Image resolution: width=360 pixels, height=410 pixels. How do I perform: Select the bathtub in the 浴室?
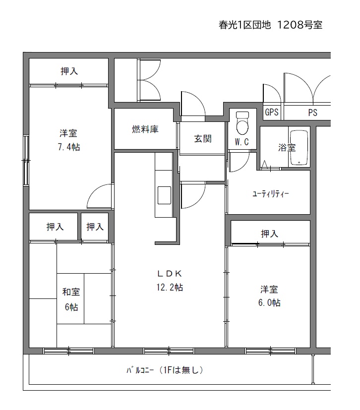pos(299,148)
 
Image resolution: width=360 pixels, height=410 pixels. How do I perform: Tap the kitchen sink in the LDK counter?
pos(164,195)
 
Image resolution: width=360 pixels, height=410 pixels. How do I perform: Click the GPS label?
pos(272,112)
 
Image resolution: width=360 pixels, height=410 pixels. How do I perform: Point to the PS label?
pos(313,113)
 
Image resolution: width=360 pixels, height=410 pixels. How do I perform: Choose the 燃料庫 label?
pos(145,129)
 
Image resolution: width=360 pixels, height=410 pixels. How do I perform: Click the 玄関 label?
pos(203,139)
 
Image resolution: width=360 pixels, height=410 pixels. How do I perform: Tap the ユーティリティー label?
pos(270,194)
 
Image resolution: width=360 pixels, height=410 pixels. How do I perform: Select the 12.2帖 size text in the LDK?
pos(170,288)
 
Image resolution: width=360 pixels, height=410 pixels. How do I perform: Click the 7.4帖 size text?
pos(69,147)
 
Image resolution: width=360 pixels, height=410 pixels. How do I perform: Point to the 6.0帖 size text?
pos(269,302)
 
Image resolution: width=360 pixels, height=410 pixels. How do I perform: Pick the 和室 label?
pos(71,292)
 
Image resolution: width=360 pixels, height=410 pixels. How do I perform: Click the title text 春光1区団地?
pos(244,25)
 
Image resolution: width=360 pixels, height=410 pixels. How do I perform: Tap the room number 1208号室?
pos(300,25)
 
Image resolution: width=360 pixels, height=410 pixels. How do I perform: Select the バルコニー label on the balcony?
pos(140,370)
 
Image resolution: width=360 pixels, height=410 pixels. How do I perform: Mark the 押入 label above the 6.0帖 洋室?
pos(270,234)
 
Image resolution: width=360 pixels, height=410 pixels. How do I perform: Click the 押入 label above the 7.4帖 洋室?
pos(69,71)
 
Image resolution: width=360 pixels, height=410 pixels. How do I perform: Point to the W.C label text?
pos(241,142)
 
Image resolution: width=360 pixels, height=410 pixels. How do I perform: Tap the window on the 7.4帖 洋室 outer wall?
pos(26,160)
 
